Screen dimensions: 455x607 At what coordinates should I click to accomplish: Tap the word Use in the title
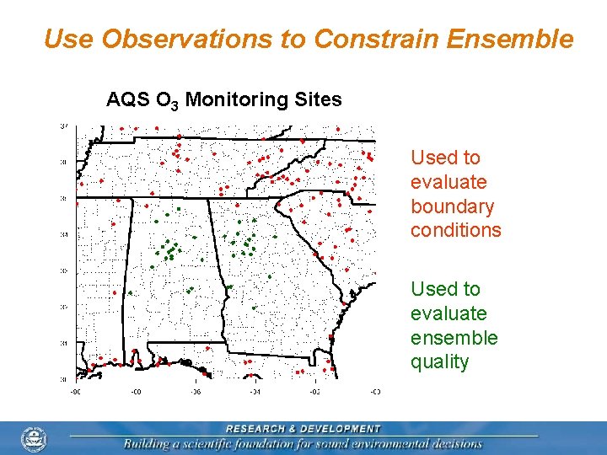67,39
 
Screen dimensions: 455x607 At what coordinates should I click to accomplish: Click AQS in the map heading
125,100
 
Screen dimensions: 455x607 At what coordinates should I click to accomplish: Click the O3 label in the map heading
165,101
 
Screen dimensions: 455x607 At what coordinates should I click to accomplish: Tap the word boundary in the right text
452,206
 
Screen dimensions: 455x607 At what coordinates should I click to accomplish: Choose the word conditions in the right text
455,231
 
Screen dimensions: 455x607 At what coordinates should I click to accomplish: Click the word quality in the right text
439,362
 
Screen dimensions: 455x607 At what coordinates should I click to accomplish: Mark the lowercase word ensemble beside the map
454,338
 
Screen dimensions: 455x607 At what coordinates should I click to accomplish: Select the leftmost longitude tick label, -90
75,391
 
